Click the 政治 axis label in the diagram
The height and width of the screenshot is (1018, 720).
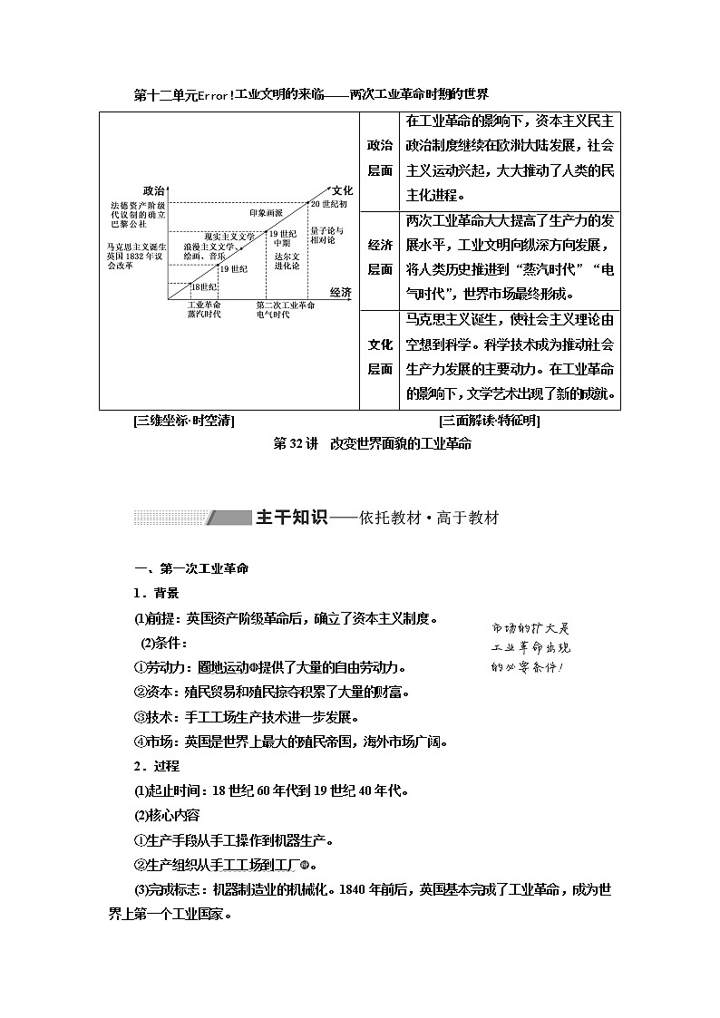tap(153, 190)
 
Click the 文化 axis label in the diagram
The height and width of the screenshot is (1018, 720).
tap(342, 190)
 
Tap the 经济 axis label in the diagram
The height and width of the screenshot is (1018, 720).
tap(340, 291)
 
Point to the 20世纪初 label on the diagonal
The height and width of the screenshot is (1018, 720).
tap(328, 205)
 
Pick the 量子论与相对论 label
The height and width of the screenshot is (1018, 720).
tap(323, 236)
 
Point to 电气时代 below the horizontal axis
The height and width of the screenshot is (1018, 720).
tap(272, 315)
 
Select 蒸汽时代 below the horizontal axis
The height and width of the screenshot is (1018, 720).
tap(204, 315)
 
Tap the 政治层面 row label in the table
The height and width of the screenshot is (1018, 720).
tap(380, 158)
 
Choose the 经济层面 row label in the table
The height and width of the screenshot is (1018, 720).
tap(380, 257)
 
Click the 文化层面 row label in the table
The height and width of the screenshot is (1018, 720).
tap(380, 356)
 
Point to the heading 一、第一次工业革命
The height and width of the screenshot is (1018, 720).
tap(190, 568)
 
